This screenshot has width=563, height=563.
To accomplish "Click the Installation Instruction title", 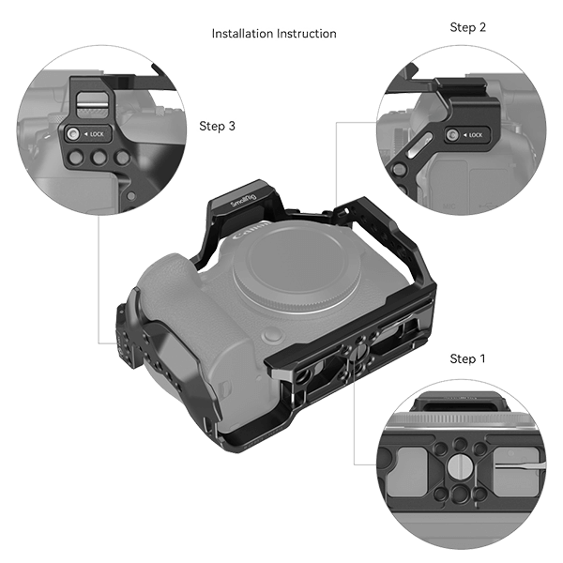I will (x=274, y=35).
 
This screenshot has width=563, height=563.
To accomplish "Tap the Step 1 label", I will (x=467, y=358).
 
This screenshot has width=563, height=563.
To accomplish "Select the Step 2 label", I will (x=467, y=28).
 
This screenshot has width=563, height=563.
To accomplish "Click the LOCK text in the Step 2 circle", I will (x=474, y=135).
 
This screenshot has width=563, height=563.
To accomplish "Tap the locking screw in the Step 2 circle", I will (x=452, y=136).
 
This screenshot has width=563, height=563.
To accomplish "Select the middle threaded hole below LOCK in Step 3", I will (x=97, y=160).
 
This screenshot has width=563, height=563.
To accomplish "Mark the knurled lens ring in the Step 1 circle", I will (x=460, y=412).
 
